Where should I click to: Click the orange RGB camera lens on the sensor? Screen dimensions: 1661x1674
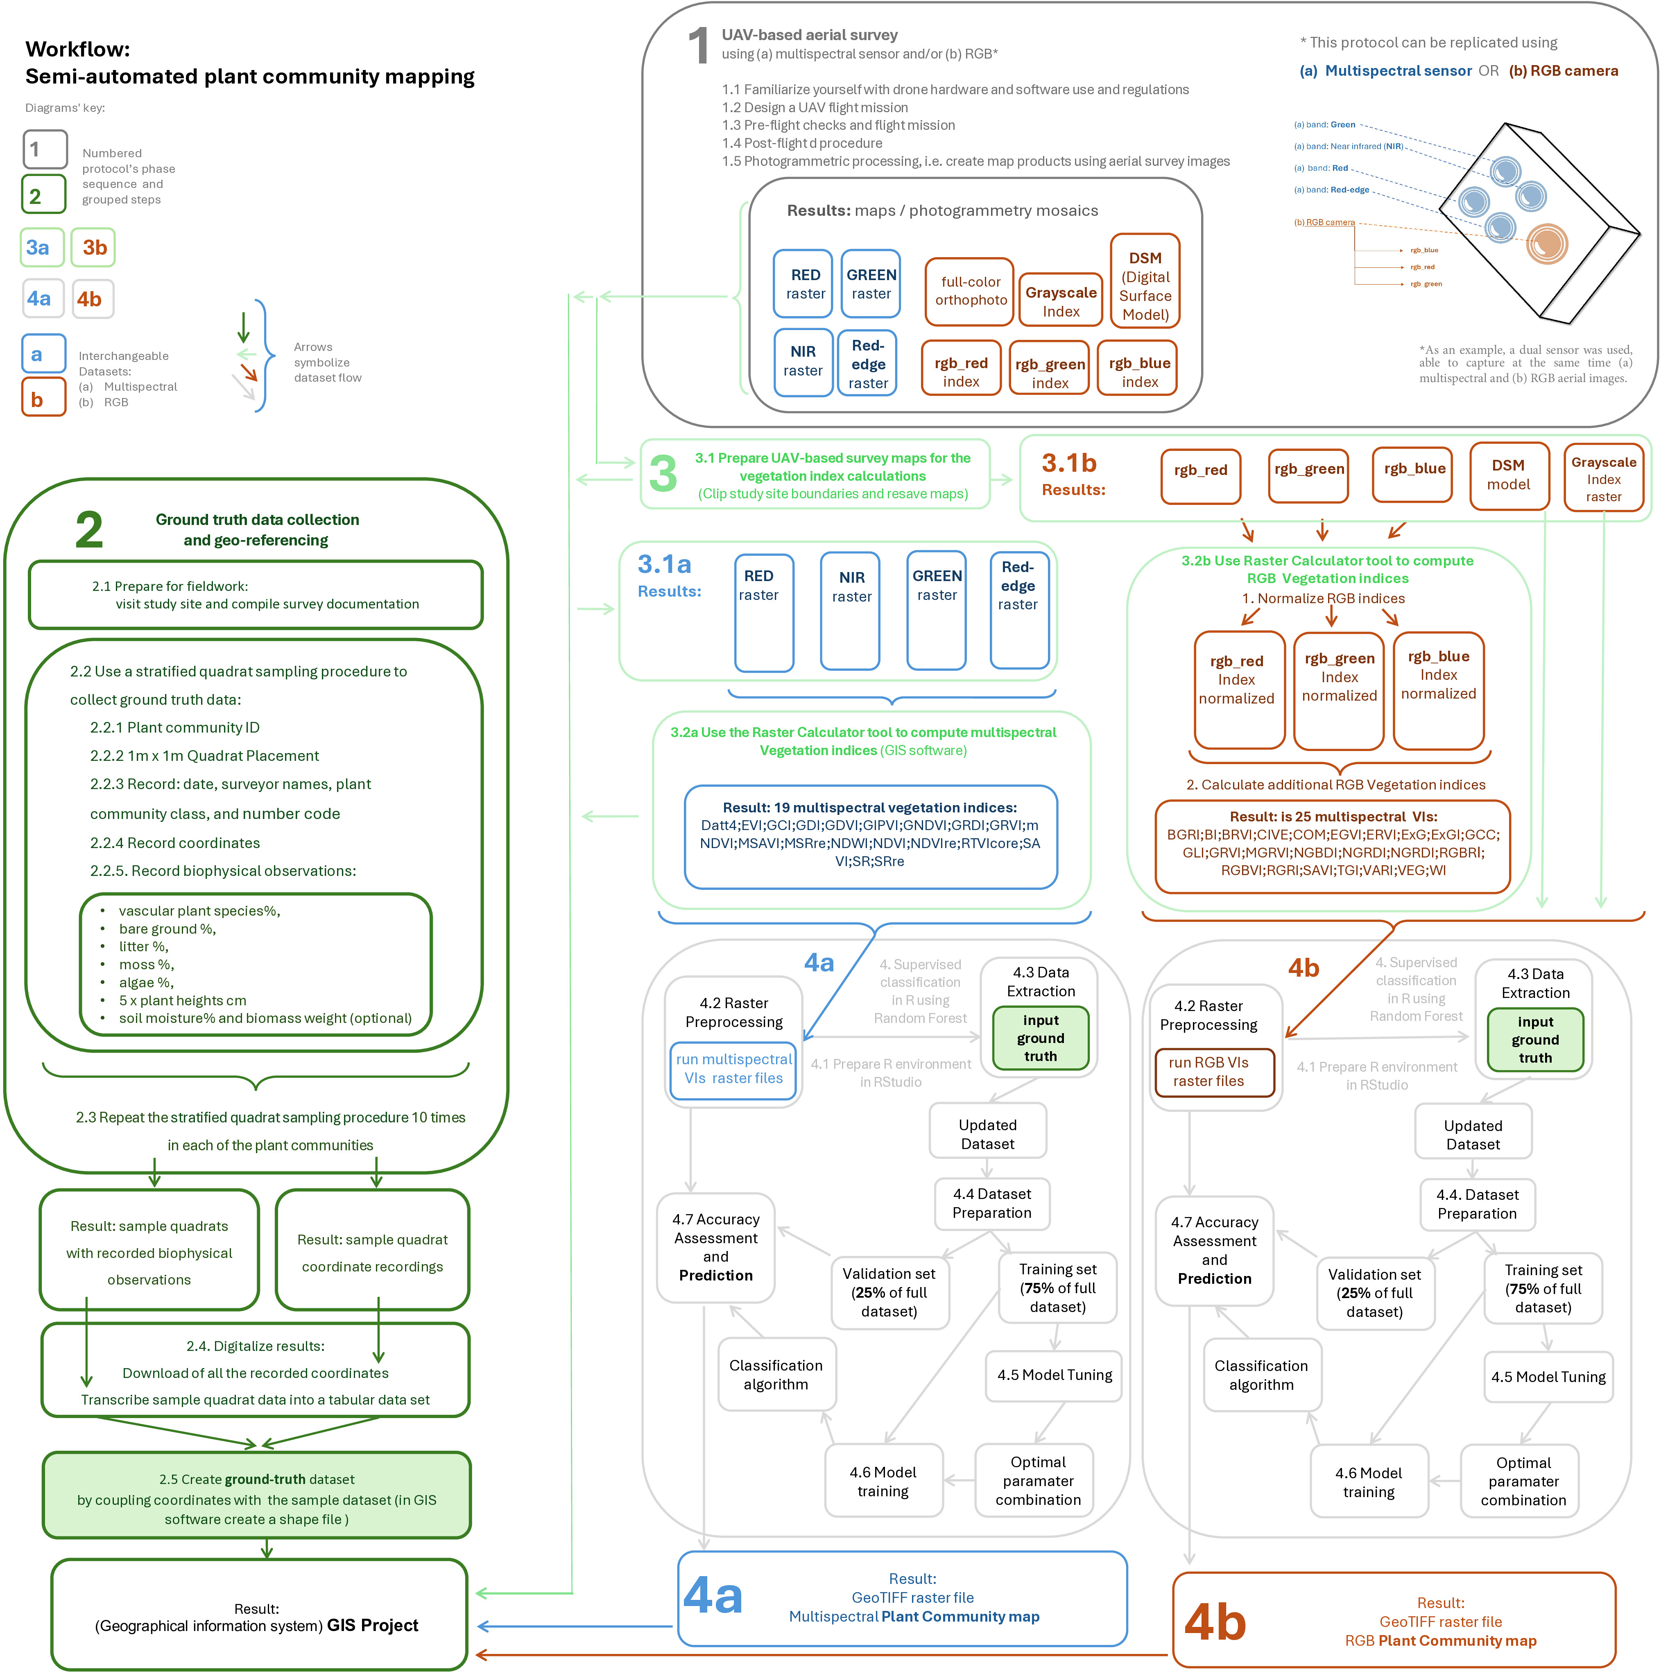tap(1547, 244)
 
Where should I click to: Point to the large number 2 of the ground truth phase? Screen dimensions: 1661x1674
tap(89, 529)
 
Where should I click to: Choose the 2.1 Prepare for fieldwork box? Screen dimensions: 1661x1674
tap(256, 595)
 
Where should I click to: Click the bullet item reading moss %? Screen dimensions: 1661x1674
tap(147, 964)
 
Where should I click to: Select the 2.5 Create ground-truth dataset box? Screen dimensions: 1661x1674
tap(256, 1498)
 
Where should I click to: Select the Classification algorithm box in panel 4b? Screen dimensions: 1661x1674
tap(1262, 1375)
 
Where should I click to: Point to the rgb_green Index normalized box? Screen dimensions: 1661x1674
tap(1339, 690)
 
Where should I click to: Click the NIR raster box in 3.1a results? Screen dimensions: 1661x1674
tap(851, 612)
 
